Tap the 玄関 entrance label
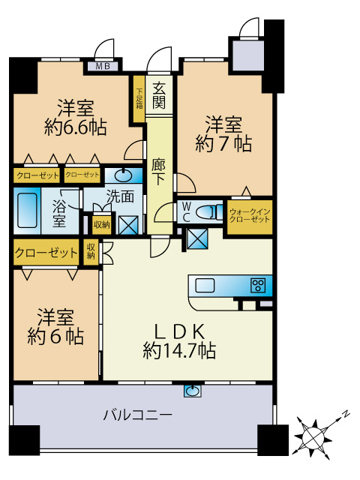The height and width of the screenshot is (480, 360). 159,94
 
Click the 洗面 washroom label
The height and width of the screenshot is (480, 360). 120,198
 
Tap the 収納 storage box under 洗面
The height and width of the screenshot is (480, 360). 101,223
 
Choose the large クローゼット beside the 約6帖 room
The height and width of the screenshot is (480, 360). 46,253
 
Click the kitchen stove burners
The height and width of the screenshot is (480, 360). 258,285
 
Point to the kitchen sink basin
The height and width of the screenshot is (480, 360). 205,285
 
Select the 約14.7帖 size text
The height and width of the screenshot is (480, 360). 180,350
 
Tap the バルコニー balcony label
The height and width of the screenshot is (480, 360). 137,414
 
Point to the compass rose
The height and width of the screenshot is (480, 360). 313,433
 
